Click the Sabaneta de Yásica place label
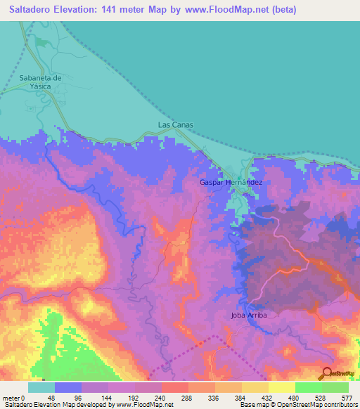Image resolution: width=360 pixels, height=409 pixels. point(41,82)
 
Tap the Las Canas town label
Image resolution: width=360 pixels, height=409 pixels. point(175,125)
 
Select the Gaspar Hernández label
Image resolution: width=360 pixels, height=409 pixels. point(231,182)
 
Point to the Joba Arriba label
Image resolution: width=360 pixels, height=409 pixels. point(248,315)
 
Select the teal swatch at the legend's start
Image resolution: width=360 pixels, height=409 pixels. point(41,387)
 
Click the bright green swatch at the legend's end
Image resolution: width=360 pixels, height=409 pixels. point(335,387)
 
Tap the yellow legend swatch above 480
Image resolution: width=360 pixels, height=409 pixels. point(282,387)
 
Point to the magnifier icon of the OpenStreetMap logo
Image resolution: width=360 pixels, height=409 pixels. point(326,373)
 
